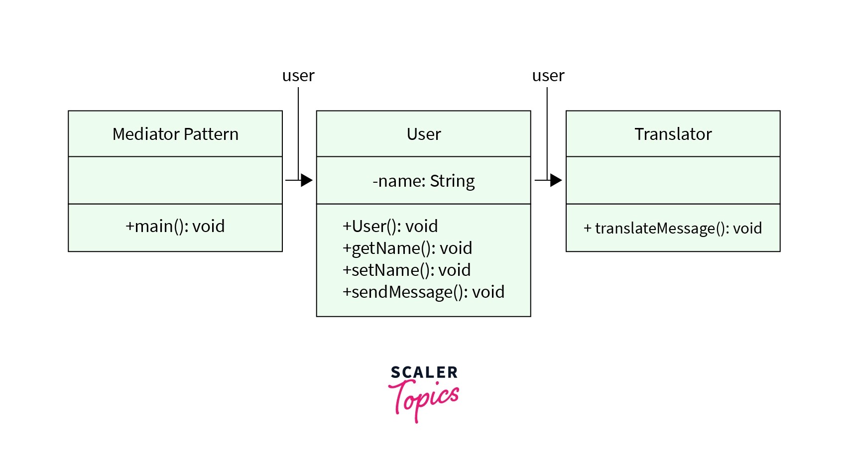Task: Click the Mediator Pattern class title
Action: click(x=175, y=134)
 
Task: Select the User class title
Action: click(x=424, y=134)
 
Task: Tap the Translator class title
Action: click(x=673, y=134)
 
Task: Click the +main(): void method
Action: click(x=175, y=226)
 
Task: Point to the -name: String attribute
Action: click(x=424, y=181)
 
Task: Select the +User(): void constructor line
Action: click(x=390, y=226)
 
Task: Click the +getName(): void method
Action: click(x=407, y=248)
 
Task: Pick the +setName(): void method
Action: click(x=406, y=270)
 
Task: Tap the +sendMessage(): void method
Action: click(x=423, y=292)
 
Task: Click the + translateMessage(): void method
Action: click(x=673, y=228)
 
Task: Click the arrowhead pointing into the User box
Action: click(x=307, y=180)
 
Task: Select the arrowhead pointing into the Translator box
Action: click(x=556, y=180)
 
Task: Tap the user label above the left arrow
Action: click(x=298, y=76)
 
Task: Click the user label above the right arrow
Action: click(x=548, y=76)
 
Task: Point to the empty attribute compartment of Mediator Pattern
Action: click(x=175, y=180)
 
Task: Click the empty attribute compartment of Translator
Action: click(x=673, y=180)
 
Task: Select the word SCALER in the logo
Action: click(x=424, y=372)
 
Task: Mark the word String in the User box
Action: click(x=452, y=181)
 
